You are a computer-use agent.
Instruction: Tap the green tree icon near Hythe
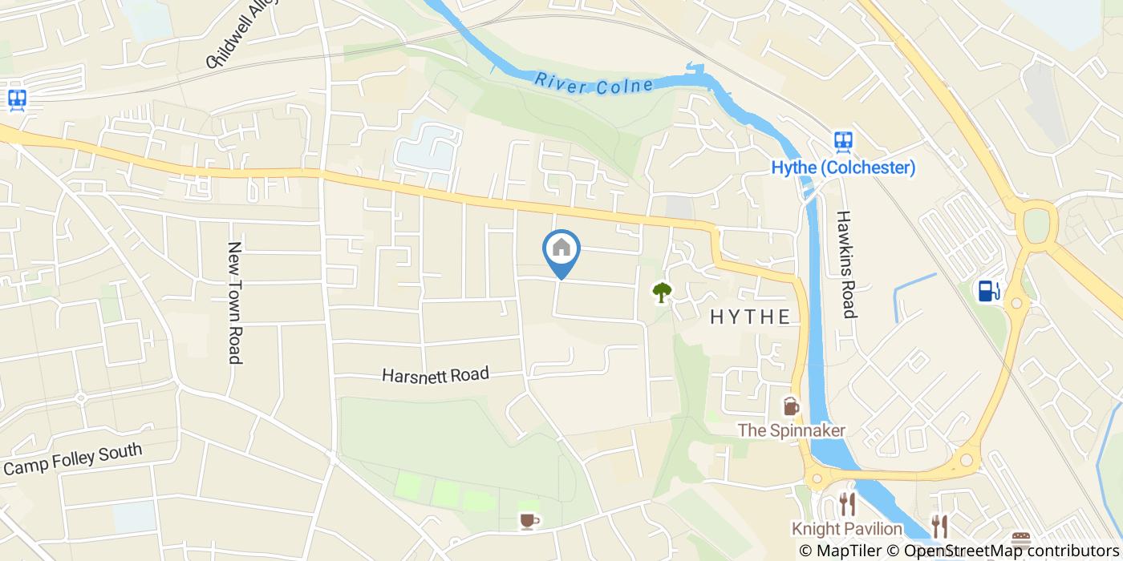(660, 293)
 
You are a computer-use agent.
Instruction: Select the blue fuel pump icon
(988, 290)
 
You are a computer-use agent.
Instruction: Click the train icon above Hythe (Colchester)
(842, 142)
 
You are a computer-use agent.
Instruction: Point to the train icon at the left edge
(17, 99)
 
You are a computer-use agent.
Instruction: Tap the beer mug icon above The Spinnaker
(792, 406)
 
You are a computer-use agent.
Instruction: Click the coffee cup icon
(527, 522)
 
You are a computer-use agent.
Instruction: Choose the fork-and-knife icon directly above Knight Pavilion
(847, 503)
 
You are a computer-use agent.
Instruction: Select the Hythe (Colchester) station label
(843, 168)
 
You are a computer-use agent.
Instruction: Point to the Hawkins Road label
(845, 264)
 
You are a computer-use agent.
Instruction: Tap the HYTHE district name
(750, 317)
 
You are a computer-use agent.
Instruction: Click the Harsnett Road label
(435, 374)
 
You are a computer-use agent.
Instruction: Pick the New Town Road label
(234, 303)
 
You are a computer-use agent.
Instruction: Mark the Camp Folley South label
(73, 460)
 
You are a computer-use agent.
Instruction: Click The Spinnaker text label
(792, 430)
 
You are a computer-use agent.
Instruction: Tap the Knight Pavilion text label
(847, 529)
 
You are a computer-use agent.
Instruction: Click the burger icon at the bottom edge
(1020, 539)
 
